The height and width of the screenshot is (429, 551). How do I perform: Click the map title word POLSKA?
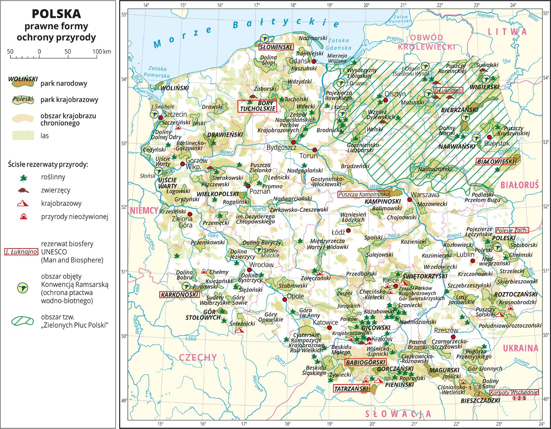56,14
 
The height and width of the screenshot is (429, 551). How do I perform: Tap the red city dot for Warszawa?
409,200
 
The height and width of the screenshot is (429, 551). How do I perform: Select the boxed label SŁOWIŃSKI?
276,47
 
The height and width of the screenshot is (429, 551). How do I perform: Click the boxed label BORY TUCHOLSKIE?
258,106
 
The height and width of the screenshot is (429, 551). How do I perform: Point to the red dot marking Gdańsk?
314,61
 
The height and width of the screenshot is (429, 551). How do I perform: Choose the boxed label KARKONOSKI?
180,295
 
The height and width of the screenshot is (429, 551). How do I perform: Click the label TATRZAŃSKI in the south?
352,389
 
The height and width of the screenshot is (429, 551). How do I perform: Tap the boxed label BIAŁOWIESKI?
496,161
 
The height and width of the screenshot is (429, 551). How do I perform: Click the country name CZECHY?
198,357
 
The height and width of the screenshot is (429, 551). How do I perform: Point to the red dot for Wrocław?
250,270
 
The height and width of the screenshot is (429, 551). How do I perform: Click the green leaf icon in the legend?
23,178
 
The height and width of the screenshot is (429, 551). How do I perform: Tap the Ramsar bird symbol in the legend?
23,288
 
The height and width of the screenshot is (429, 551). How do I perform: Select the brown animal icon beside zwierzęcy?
23,190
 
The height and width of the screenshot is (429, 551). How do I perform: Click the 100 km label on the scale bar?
102,52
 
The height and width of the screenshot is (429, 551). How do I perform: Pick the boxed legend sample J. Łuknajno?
21,252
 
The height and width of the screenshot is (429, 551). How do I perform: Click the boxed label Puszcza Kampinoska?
364,194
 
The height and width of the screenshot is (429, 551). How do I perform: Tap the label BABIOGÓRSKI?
365,362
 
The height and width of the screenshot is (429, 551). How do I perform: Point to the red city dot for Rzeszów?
453,337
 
